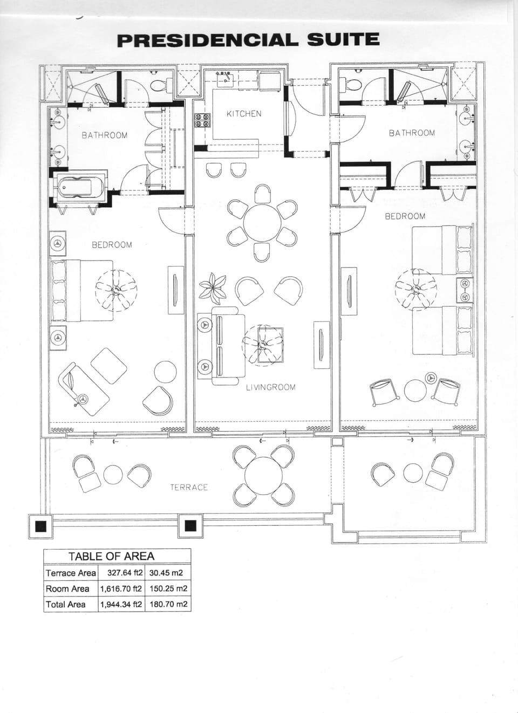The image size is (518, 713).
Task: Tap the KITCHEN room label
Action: click(x=244, y=114)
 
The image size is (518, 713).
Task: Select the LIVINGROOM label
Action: click(x=271, y=387)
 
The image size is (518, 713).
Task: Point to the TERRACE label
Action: click(x=189, y=488)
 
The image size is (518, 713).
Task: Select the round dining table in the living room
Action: click(x=262, y=223)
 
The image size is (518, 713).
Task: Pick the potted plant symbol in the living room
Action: click(x=213, y=288)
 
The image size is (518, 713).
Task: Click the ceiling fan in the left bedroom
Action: click(x=116, y=290)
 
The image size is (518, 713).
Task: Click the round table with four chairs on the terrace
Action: click(x=264, y=476)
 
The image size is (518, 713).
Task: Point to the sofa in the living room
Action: click(x=221, y=346)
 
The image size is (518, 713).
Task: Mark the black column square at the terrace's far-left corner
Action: click(x=41, y=526)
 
